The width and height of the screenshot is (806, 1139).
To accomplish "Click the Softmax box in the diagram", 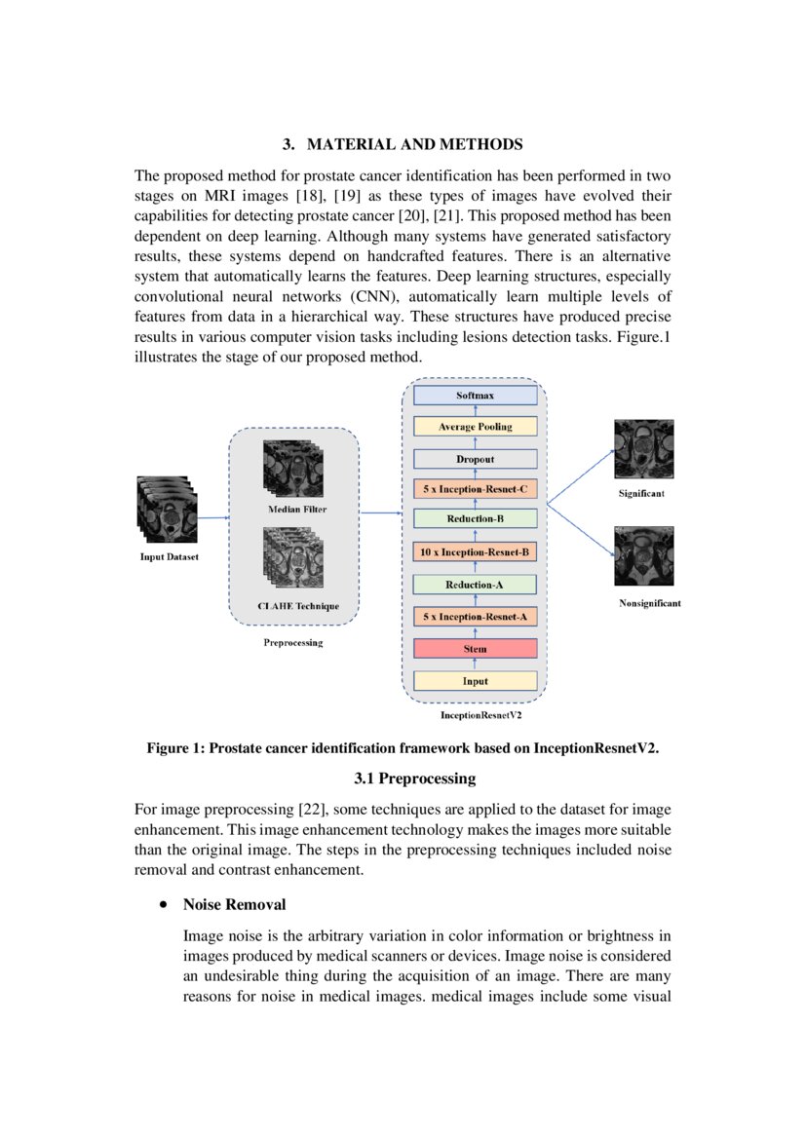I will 475,396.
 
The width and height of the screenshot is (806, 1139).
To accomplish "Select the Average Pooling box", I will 475,427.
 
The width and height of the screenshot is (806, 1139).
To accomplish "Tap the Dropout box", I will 475,459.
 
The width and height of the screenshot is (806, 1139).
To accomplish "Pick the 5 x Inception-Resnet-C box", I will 475,489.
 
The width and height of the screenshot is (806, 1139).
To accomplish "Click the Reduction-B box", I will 475,519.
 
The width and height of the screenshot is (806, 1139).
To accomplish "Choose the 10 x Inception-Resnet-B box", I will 475,552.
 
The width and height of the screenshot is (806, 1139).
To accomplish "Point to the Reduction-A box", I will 475,585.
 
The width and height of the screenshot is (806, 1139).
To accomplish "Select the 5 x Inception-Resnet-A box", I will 475,617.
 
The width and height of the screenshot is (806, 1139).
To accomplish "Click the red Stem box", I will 475,649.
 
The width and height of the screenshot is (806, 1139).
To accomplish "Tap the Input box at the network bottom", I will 475,681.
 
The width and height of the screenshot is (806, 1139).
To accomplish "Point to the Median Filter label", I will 297,510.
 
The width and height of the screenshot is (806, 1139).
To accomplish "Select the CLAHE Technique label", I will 298,606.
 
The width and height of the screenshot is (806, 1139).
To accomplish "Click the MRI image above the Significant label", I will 644,449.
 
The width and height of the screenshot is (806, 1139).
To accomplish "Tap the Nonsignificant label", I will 650,603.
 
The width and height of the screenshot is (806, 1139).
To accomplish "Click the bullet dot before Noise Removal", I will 162,905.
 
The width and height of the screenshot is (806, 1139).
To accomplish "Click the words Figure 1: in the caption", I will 176,747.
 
